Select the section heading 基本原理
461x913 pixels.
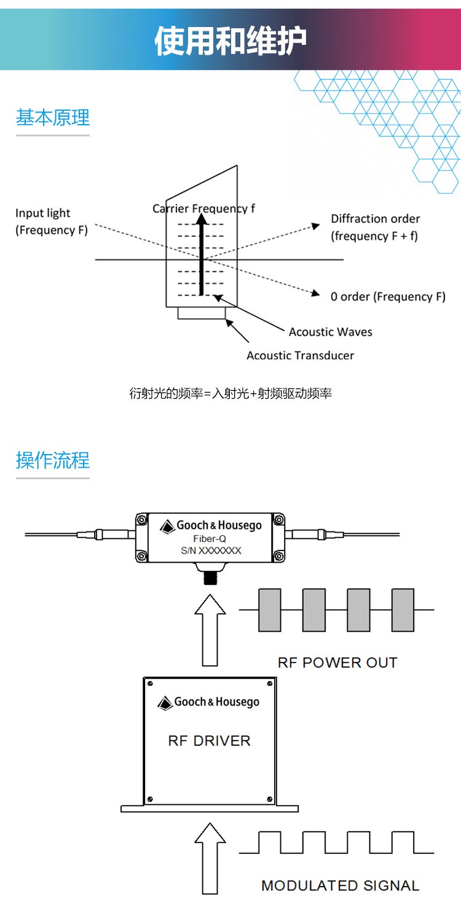pyautogui.click(x=53, y=117)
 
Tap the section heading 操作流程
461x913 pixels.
pyautogui.click(x=53, y=460)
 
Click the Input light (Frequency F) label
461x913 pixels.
pyautogui.click(x=52, y=222)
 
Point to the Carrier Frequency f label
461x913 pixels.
pyautogui.click(x=203, y=208)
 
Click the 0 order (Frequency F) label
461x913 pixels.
pyautogui.click(x=387, y=297)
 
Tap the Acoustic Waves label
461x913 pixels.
pyautogui.click(x=330, y=332)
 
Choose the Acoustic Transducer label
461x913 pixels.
pyautogui.click(x=300, y=355)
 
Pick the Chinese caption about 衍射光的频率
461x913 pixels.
pyautogui.click(x=230, y=393)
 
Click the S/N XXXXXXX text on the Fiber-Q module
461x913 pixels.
pyautogui.click(x=211, y=551)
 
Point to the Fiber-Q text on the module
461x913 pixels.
pyautogui.click(x=210, y=538)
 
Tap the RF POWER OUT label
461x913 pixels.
pyautogui.click(x=337, y=662)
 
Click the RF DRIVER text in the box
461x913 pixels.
pyautogui.click(x=209, y=740)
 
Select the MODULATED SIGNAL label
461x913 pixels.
pyautogui.click(x=340, y=885)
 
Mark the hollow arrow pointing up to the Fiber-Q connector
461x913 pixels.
pyautogui.click(x=210, y=632)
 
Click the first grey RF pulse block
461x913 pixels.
pyautogui.click(x=270, y=609)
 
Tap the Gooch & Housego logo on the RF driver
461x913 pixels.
pyautogui.click(x=209, y=702)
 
